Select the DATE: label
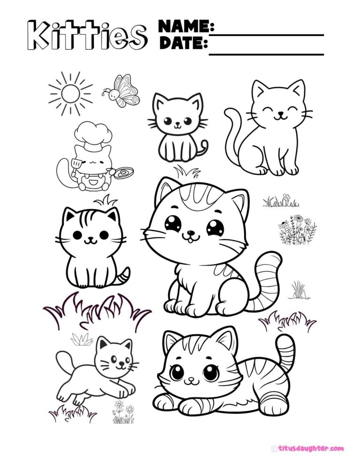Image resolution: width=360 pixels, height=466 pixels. coord(183,43)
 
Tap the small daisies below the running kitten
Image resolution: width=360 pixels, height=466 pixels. coord(123,412)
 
